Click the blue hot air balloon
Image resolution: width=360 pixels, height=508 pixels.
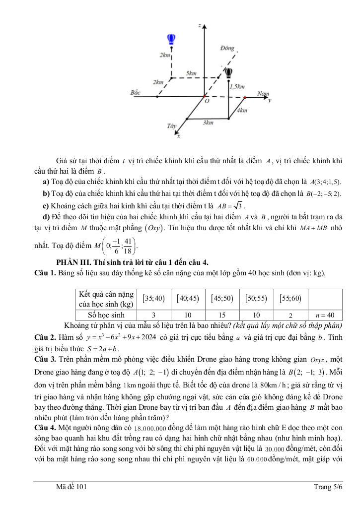171,39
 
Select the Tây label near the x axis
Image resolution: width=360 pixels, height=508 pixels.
172,127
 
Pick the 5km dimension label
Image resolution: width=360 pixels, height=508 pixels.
191,73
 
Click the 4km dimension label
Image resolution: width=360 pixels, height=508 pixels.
242,110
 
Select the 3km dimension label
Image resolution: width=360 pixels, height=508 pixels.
208,122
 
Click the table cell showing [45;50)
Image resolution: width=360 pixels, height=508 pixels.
222,298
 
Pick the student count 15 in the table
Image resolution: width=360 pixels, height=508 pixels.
222,315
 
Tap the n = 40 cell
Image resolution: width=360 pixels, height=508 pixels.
325,315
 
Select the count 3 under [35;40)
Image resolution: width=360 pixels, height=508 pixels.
153,315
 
